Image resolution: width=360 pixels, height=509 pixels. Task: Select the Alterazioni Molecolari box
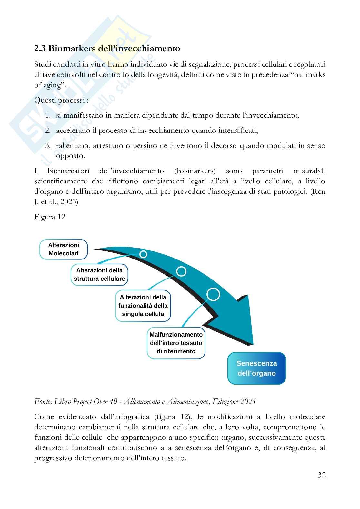pyautogui.click(x=64, y=249)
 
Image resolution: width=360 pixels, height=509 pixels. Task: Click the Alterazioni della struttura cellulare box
pyautogui.click(x=99, y=275)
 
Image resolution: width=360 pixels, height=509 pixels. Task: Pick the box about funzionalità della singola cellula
pyautogui.click(x=143, y=306)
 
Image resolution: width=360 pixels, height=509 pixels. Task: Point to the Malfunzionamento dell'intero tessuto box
pyautogui.click(x=176, y=343)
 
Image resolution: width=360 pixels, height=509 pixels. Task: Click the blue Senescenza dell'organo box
pyautogui.click(x=256, y=368)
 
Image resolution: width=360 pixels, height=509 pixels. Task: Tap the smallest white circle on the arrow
pyautogui.click(x=143, y=254)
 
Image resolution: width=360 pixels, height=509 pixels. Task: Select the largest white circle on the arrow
pyautogui.click(x=213, y=294)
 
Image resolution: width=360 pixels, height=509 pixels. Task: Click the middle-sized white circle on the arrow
pyautogui.click(x=181, y=271)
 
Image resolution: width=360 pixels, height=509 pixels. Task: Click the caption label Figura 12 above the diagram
pyautogui.click(x=50, y=217)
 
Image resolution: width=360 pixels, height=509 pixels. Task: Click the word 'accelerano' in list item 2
pyautogui.click(x=73, y=131)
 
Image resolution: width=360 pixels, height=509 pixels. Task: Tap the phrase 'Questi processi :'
pyautogui.click(x=61, y=100)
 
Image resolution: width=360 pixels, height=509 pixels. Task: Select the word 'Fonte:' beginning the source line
pyautogui.click(x=43, y=401)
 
